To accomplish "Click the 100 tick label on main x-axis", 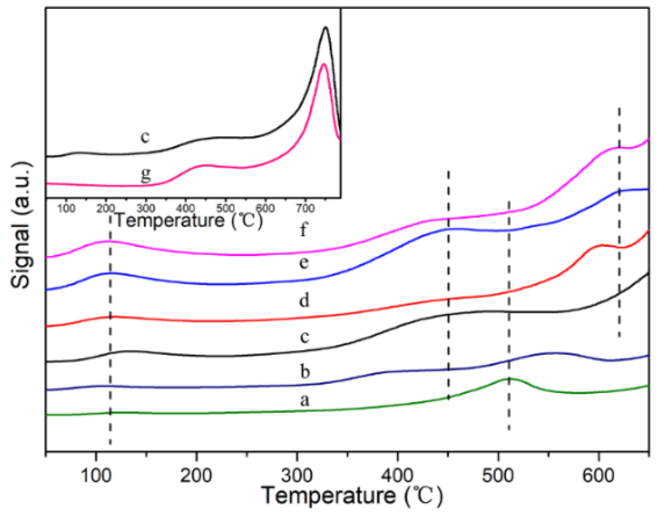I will pos(96,476).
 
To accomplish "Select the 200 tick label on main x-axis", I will pos(196,476).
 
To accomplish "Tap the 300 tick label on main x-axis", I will pos(297,476).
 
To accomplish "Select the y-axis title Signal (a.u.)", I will pos(21,225).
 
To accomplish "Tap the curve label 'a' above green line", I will pos(305,400).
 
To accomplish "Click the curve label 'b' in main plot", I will pos(305,371).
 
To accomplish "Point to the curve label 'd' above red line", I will pos(304,300).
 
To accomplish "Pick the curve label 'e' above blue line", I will pos(304,263).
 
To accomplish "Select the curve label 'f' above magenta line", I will pos(303,230).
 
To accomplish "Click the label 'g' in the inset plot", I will pos(146,175).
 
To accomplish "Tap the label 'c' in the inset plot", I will pos(145,137).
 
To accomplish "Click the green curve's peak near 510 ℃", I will pos(510,378).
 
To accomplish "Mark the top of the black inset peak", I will pos(326,27).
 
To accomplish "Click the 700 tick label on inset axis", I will pos(305,209).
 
